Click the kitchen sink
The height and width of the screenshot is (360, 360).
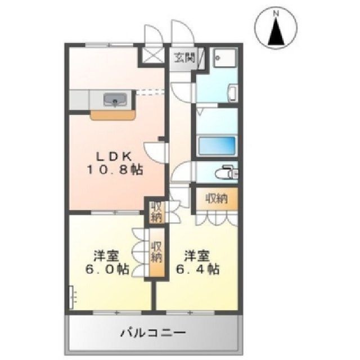[115, 100]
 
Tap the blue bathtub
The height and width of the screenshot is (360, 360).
[217, 146]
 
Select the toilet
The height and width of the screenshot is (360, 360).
[227, 172]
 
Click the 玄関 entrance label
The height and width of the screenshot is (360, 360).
[184, 57]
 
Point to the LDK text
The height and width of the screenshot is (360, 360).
[114, 156]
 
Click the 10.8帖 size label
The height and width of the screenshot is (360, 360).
[115, 170]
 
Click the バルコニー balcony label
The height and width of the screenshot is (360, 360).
[153, 332]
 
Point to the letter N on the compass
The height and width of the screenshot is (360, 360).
[276, 14]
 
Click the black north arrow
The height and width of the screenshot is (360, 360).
[276, 31]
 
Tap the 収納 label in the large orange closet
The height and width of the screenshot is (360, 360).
[216, 199]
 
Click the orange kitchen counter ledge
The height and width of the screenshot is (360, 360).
[112, 115]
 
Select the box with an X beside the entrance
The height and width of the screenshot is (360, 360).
[153, 55]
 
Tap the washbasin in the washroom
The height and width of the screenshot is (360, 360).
[233, 93]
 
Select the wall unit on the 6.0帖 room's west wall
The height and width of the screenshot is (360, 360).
[73, 298]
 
